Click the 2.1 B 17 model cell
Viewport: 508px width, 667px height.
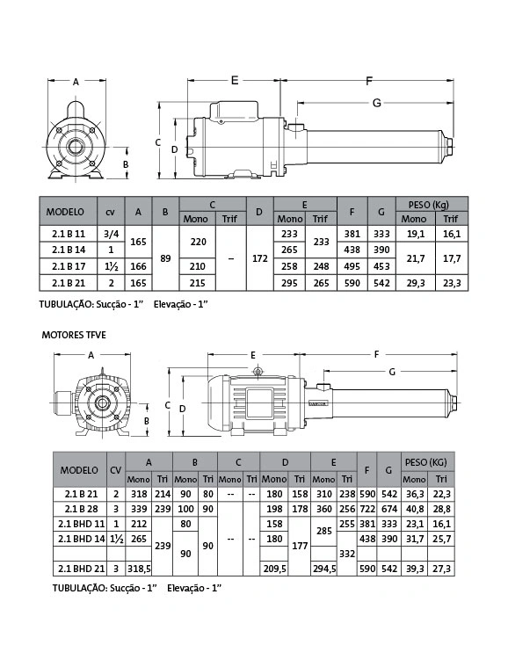(69, 267)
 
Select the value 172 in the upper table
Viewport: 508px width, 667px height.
(259, 258)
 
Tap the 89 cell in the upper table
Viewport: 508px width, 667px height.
(165, 258)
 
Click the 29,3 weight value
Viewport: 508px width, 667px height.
(416, 283)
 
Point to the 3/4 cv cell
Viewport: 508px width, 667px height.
(111, 234)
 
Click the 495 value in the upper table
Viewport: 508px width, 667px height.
(352, 267)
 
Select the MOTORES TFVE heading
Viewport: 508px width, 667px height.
(74, 335)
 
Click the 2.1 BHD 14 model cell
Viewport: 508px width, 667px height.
(81, 539)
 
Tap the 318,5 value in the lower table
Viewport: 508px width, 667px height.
(139, 569)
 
